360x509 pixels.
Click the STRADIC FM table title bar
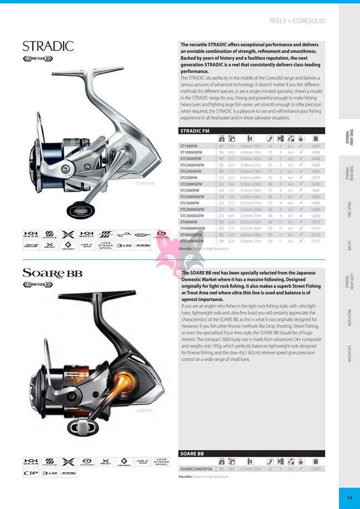tap(252, 131)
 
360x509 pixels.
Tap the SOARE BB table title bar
tap(252, 453)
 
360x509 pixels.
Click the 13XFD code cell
tap(316, 469)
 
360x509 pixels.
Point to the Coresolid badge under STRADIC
tap(38, 58)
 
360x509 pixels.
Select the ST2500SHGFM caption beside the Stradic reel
tap(145, 183)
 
